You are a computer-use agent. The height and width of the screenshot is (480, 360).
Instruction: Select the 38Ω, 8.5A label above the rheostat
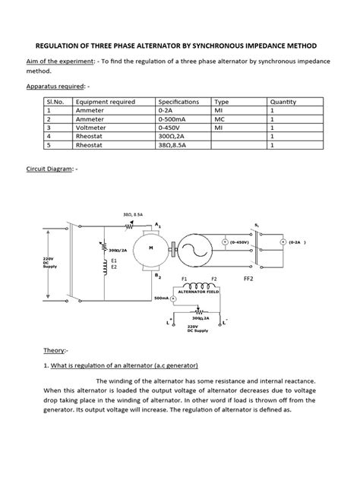click(134, 215)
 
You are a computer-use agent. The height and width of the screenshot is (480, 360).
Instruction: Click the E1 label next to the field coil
click(115, 260)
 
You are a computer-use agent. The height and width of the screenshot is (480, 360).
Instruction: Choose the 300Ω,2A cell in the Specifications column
click(174, 137)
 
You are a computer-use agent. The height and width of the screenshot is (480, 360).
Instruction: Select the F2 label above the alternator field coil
click(213, 279)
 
